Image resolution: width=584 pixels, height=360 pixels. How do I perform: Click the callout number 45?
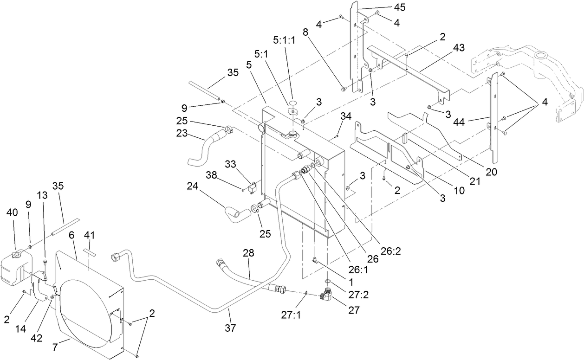click(x=399, y=7)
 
